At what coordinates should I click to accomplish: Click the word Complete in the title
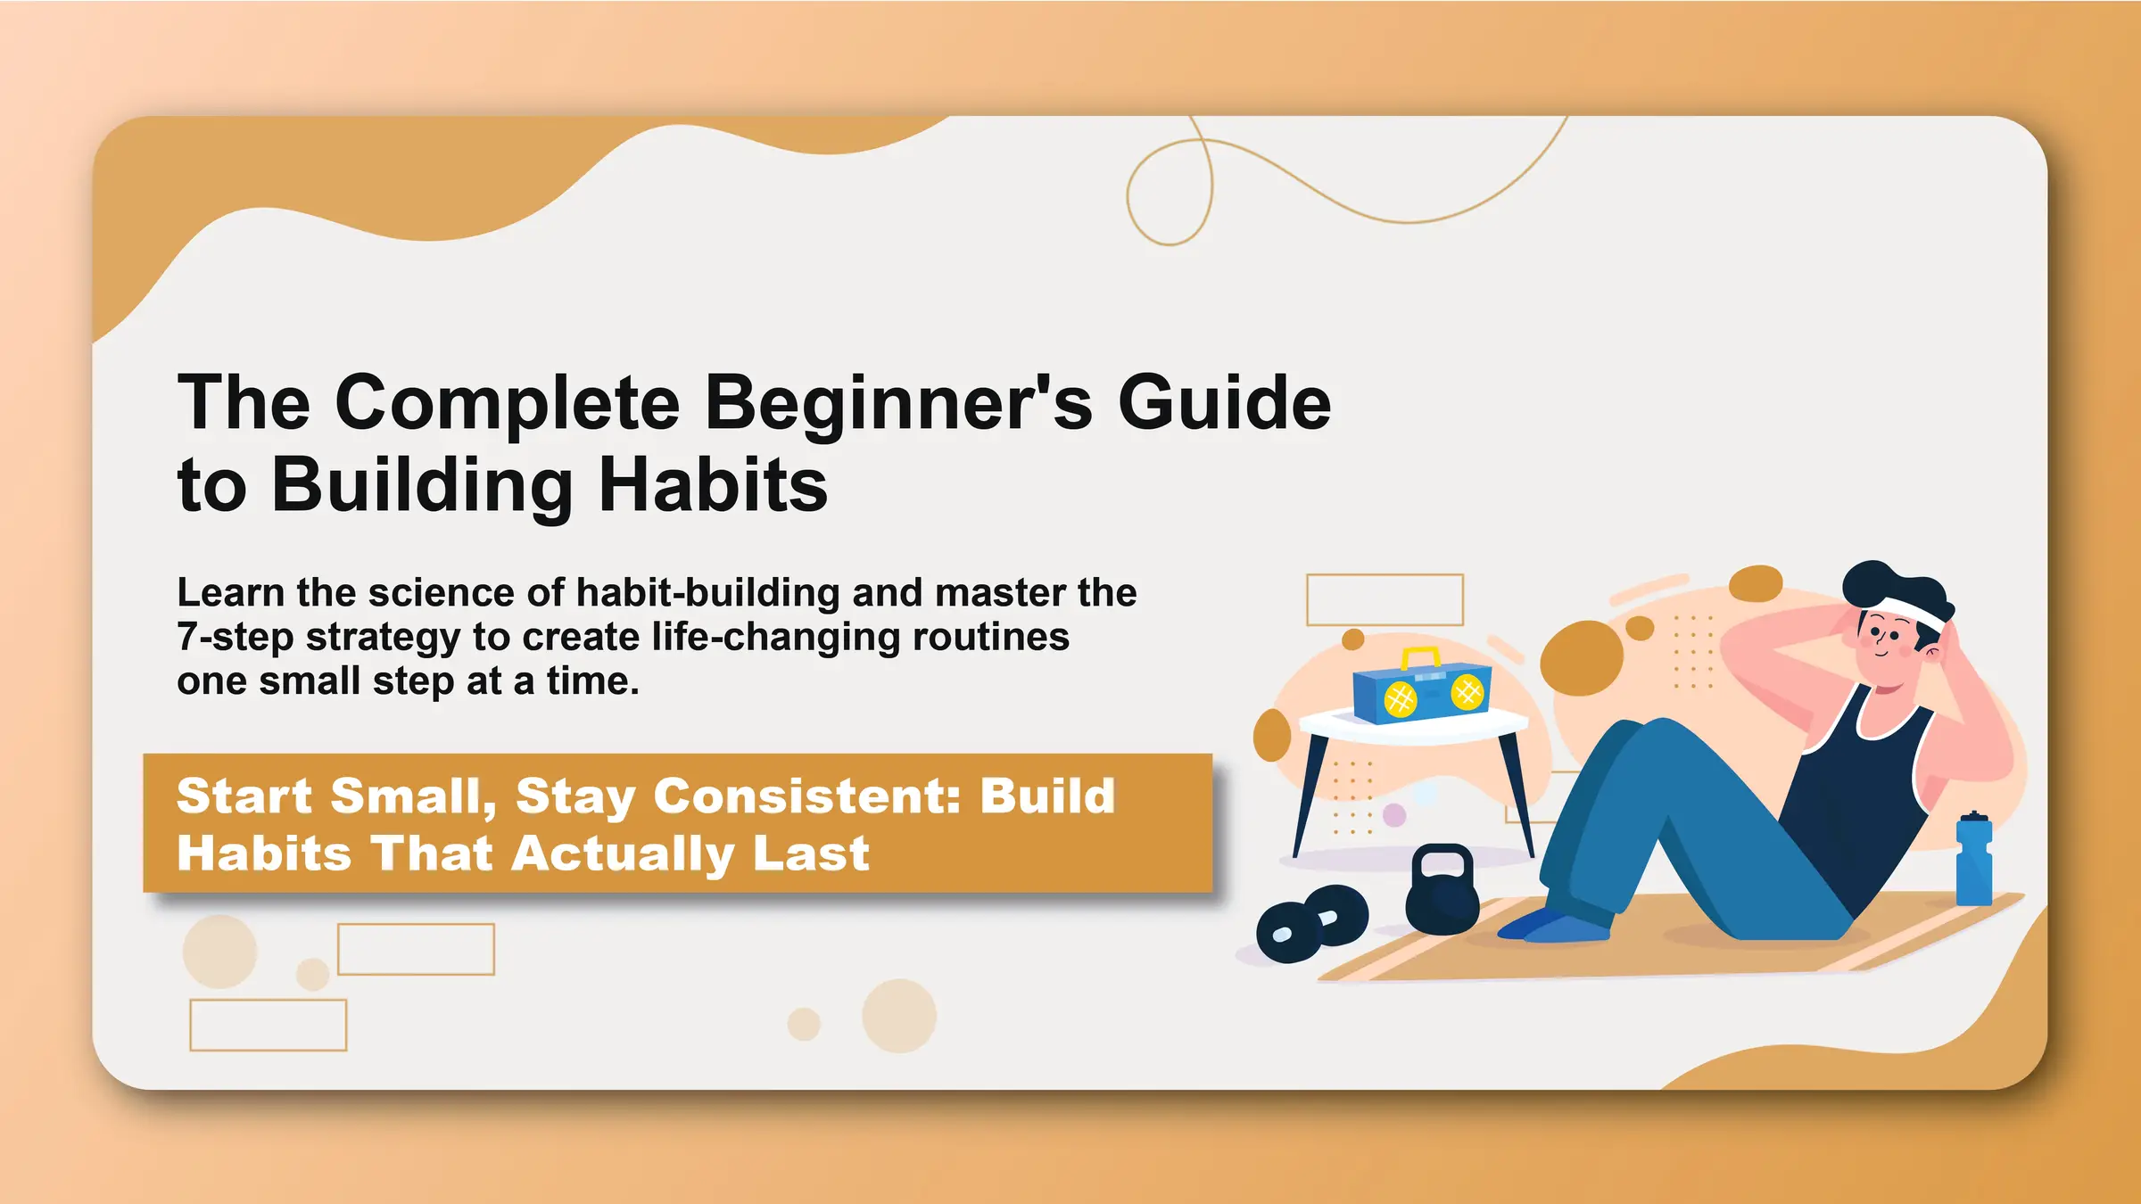coord(508,404)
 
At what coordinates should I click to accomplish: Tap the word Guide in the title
coord(1224,404)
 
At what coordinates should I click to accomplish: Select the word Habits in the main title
coord(713,486)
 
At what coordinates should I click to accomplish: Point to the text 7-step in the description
coord(236,638)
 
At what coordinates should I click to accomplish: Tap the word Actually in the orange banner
coord(624,854)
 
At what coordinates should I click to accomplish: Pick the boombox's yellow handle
coord(1420,656)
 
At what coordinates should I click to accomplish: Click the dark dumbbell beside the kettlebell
coord(1311,923)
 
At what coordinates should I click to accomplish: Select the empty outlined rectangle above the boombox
coord(1385,599)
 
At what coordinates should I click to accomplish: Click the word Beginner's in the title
coord(898,404)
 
